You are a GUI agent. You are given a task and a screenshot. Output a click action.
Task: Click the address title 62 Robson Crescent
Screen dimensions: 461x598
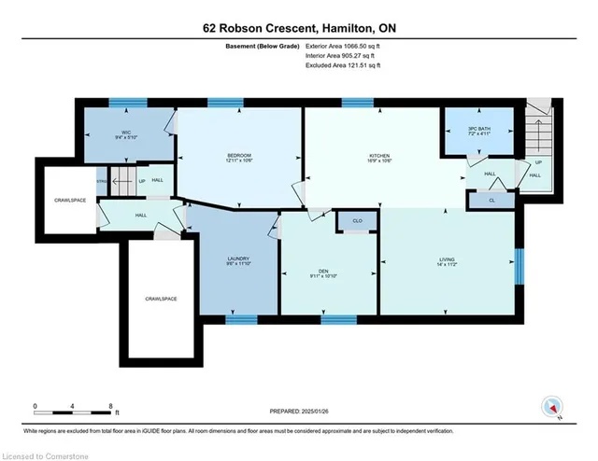point(298,27)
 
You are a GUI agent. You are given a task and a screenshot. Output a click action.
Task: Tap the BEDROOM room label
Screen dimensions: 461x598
point(238,155)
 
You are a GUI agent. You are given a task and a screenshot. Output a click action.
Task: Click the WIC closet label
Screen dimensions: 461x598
point(124,133)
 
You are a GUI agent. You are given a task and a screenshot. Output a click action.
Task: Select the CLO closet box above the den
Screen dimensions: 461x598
point(357,220)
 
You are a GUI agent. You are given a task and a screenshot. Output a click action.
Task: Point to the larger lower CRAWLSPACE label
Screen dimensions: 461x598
point(160,299)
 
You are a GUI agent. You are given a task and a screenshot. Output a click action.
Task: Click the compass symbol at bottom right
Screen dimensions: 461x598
point(552,407)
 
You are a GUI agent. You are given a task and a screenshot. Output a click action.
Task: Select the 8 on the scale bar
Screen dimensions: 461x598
point(111,406)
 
